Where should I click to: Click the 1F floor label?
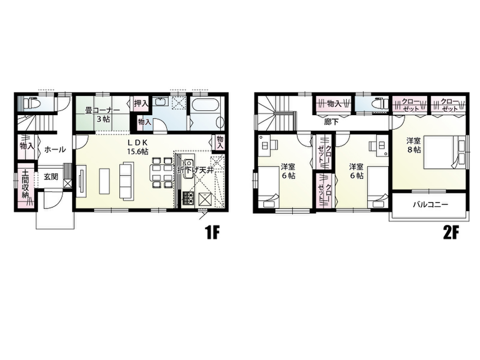pos(212,234)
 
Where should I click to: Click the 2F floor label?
pos(451,234)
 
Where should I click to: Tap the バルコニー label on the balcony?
pos(431,204)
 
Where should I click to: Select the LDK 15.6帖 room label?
pos(138,147)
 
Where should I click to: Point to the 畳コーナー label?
pos(102,114)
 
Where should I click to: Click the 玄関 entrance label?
pos(51,177)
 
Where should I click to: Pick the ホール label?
pos(55,150)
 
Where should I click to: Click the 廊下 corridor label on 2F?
pos(332,122)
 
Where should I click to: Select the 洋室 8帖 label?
pos(413,145)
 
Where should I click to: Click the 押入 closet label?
pos(141,103)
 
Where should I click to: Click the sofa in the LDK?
pos(126,181)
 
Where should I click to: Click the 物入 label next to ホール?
pos(27,146)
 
